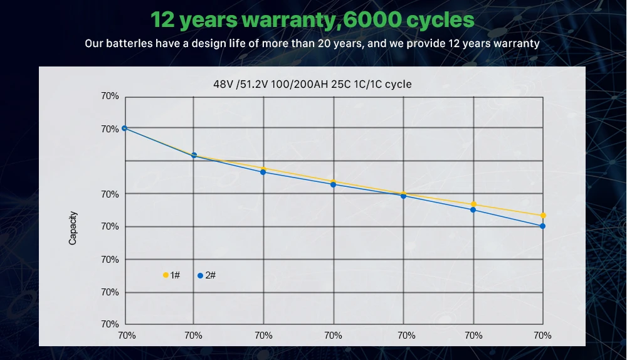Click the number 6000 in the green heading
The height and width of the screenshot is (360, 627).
point(372,19)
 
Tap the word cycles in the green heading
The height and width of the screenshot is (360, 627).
point(439,19)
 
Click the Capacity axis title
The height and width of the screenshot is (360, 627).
point(73,227)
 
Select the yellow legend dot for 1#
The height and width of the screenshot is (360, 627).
point(166,275)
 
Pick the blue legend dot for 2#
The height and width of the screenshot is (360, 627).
point(200,275)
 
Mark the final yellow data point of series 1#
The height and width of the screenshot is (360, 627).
point(543,216)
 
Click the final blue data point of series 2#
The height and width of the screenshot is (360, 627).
point(542,226)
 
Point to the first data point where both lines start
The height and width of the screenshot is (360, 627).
point(124,128)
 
